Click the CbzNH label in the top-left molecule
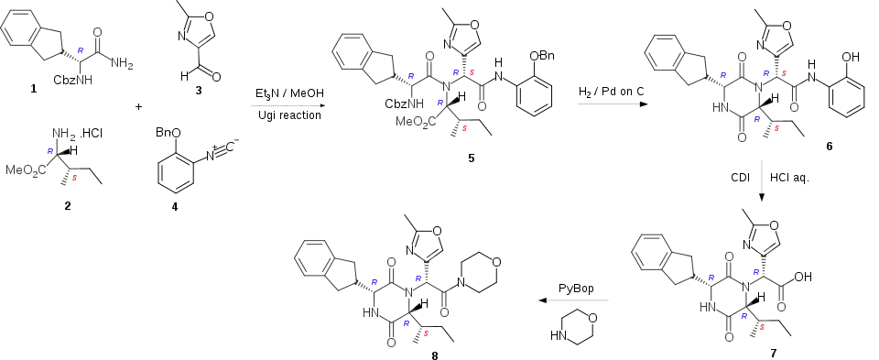pos(72,81)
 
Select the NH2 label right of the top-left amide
pos(123,64)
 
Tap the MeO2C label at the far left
pos(24,170)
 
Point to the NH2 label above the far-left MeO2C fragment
pos(63,135)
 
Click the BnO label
pos(168,133)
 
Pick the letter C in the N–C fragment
pos(230,147)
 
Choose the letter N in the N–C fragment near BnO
pos(210,157)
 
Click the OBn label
pos(541,58)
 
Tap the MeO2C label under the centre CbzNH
pos(416,122)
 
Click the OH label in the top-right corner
pos(850,58)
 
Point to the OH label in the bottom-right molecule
pos(802,276)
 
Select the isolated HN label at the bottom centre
pos(559,337)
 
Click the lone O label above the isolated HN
pos(591,319)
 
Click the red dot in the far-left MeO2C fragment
pos(75,178)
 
